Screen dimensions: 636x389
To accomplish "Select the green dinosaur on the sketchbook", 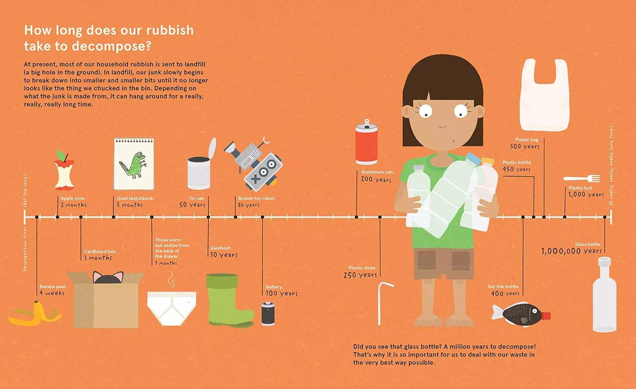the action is pos(133,165).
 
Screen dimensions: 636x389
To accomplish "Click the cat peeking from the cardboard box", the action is pos(108,277).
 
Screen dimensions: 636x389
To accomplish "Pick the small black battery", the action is pos(268,313).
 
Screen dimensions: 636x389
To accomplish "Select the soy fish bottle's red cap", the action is pos(546,316).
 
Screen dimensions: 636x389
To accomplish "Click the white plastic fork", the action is pos(581,179).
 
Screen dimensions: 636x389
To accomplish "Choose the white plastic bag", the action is pos(544,95).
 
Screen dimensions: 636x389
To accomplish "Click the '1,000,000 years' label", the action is pos(571,251).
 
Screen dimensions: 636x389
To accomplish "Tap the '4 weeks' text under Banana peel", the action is pos(52,293).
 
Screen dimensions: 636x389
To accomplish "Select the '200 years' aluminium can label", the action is pos(376,179).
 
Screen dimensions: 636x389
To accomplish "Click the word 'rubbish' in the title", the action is pos(170,30).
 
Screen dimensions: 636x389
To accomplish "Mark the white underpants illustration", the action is pos(171,308).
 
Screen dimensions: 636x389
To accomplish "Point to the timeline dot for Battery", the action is pos(262,217).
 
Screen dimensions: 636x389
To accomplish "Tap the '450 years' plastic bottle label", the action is pos(516,169).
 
